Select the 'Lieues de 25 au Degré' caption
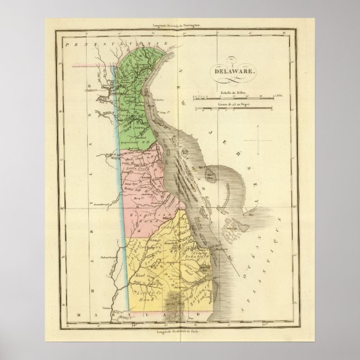(233, 103)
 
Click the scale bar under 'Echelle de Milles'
(233, 97)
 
